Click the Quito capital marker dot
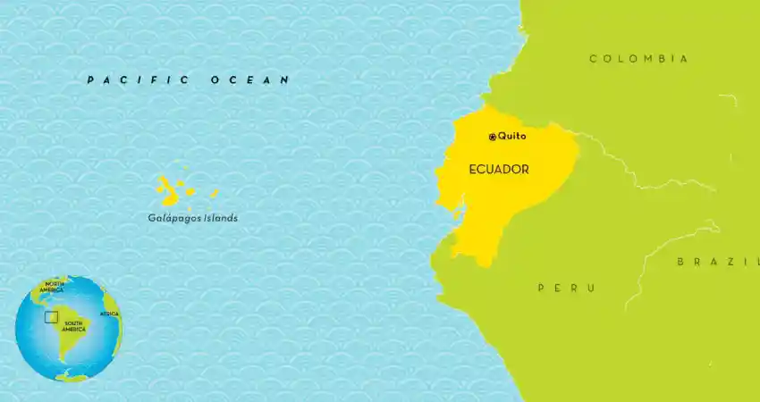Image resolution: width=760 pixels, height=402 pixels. [x=492, y=137]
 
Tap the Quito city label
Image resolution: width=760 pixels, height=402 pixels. [x=512, y=137]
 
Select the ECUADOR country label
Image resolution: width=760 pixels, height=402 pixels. [x=499, y=169]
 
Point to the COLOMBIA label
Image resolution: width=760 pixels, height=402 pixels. [x=638, y=59]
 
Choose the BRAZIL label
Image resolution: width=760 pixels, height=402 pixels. [x=716, y=262]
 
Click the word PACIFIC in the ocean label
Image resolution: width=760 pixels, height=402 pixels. [x=138, y=80]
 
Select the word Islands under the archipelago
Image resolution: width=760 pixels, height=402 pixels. [x=220, y=217]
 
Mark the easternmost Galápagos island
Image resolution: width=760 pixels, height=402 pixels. [x=214, y=193]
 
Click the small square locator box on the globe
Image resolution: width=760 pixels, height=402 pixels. [x=51, y=316]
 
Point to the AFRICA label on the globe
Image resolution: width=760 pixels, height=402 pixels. [x=109, y=314]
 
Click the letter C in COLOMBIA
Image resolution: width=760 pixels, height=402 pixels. [x=593, y=59]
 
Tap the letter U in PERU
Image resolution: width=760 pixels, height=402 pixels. [x=591, y=288]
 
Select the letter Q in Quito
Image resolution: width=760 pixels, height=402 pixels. [x=502, y=137]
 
